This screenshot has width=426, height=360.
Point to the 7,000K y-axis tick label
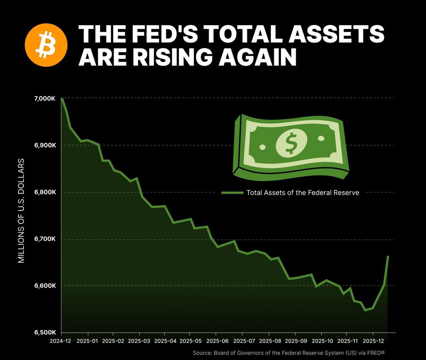44,98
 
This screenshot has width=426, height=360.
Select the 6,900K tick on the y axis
44,145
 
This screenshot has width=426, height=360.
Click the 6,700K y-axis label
44,239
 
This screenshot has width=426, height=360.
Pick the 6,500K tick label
44,333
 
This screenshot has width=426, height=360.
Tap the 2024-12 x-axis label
61,341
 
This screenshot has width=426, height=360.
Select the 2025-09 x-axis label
295,341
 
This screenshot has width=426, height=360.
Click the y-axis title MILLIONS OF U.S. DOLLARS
21,211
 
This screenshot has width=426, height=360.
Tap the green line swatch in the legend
232,193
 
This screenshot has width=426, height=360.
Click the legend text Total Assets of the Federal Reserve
303,193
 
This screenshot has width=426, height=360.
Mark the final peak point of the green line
388,256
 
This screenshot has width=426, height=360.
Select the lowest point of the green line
365,310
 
